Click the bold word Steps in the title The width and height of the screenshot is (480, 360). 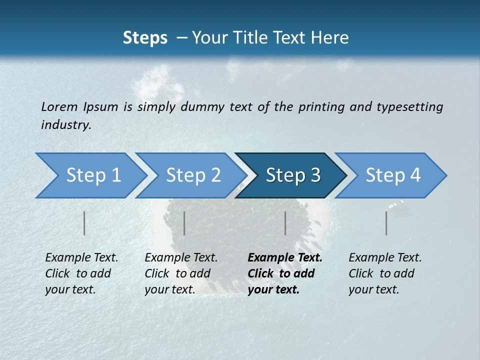pos(145,37)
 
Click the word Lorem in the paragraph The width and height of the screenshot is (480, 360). pos(59,106)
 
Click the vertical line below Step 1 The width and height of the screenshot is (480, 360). pos(84,223)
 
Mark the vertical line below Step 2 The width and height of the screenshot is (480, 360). pos(184,223)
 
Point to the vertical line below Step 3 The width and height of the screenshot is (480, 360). pos(285,223)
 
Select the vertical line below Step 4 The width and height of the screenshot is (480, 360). pos(386,223)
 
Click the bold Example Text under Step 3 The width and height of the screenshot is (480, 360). pos(285,273)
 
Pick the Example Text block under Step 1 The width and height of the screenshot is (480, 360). pos(81,273)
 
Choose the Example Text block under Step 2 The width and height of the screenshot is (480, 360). pos(181,273)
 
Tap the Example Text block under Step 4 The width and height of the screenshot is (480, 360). pos(385,273)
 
